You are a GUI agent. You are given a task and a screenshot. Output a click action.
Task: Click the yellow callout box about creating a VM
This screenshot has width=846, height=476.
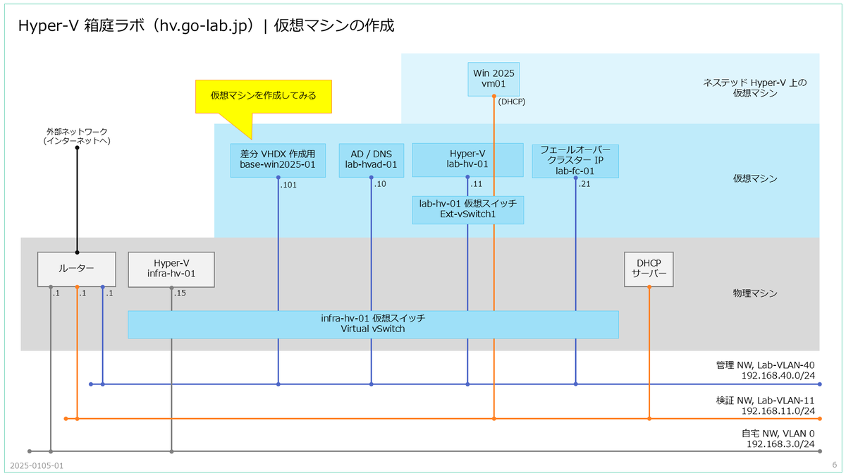[264, 97]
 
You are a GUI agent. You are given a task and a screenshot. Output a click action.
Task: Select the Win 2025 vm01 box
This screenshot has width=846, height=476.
[493, 79]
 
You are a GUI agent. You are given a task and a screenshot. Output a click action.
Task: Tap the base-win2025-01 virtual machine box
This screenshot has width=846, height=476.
[278, 160]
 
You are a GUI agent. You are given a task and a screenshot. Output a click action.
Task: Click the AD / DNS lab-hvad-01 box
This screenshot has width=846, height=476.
[372, 160]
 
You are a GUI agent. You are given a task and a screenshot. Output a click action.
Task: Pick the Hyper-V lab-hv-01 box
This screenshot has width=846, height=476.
[467, 160]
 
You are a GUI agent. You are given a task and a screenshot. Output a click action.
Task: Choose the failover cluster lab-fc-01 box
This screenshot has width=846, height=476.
[575, 161]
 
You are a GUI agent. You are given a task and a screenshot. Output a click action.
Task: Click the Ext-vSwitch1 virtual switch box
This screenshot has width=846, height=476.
[467, 210]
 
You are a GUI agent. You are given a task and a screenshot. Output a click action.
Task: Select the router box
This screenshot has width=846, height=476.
[77, 269]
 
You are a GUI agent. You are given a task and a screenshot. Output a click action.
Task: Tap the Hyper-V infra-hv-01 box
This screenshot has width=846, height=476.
[171, 269]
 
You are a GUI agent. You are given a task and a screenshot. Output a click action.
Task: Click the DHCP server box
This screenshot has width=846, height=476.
[649, 269]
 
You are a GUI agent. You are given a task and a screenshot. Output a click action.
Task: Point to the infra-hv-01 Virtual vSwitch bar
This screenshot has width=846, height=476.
[373, 324]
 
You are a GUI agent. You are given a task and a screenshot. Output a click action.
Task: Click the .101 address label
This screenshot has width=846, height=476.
[288, 185]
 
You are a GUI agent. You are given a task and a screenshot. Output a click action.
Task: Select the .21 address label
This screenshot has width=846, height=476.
[584, 184]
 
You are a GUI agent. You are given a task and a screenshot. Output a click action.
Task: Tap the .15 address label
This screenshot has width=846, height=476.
[180, 293]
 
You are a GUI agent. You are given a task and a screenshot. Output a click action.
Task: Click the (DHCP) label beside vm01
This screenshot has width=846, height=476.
[512, 102]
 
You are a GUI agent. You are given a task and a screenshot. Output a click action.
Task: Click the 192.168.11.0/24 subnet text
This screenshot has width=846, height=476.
[778, 411]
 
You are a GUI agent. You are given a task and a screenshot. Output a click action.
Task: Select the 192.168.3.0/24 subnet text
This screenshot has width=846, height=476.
[780, 444]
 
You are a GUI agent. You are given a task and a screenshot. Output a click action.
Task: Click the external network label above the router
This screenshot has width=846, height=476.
[77, 136]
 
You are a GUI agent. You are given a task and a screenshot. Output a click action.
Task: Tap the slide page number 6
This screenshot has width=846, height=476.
[834, 465]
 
